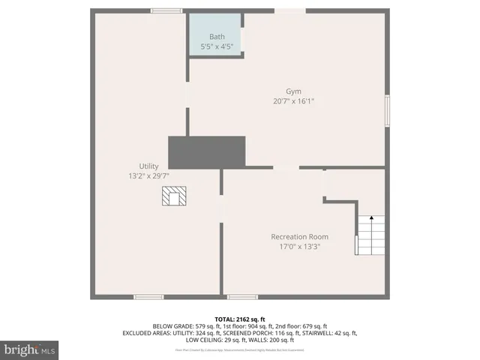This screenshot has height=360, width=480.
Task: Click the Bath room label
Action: point(217,37)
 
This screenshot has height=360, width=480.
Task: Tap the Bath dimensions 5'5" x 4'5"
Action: point(217,46)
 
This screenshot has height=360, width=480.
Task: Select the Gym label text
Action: point(293,91)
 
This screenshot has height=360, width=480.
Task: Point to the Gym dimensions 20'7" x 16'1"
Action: point(293,100)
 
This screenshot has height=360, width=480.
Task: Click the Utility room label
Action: point(148,166)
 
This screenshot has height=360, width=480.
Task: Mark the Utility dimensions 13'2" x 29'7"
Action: point(148,175)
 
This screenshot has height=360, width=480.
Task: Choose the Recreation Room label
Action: point(299,237)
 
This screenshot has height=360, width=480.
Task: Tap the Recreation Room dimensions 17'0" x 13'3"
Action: point(299,247)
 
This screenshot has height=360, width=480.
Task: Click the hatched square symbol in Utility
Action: point(175,196)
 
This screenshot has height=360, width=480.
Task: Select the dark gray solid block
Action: point(207,152)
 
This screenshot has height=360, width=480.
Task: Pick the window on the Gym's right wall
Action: point(388,110)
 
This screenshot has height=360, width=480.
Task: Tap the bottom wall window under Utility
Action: point(148,297)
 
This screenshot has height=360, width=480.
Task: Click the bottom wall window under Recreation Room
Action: point(242,297)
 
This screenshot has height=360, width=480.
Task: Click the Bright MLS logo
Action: point(30,349)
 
